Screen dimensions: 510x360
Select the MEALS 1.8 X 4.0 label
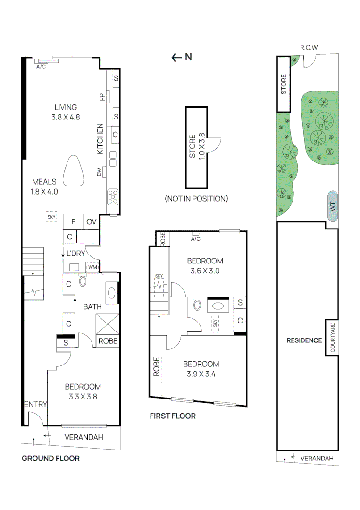[44, 187]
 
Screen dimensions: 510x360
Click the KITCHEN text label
[100, 139]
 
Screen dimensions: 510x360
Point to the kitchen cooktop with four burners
[113, 196]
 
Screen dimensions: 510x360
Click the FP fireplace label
[102, 97]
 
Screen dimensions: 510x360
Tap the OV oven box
[91, 222]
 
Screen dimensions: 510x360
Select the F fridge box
[74, 222]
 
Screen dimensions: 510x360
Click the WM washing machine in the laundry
[92, 268]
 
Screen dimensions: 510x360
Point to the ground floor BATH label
[92, 307]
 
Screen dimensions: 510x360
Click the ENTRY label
[35, 404]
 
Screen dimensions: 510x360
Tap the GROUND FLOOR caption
[50, 458]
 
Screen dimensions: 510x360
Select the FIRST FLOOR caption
[173, 416]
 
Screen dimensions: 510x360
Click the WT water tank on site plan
[332, 206]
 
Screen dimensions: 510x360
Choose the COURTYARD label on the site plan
[332, 338]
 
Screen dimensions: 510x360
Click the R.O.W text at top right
[309, 48]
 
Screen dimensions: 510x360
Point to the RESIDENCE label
[304, 340]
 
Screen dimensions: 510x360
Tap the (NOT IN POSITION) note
[196, 198]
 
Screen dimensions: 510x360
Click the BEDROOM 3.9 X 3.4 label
[201, 369]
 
